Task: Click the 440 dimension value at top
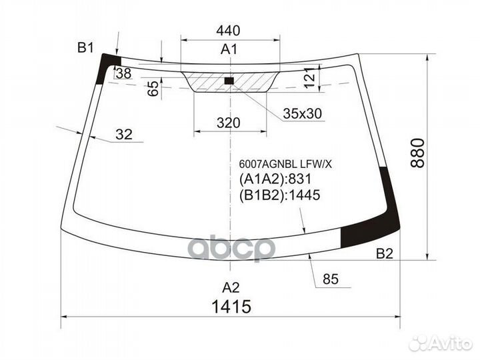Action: click(x=228, y=31)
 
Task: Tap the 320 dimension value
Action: click(x=229, y=123)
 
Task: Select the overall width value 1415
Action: click(x=231, y=307)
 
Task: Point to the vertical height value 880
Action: click(x=418, y=153)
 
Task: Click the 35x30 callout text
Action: click(x=302, y=114)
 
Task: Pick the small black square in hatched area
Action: click(x=229, y=81)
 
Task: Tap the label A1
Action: click(x=229, y=49)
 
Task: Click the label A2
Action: click(x=231, y=287)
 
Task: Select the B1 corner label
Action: click(x=85, y=48)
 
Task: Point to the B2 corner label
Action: click(x=384, y=254)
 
